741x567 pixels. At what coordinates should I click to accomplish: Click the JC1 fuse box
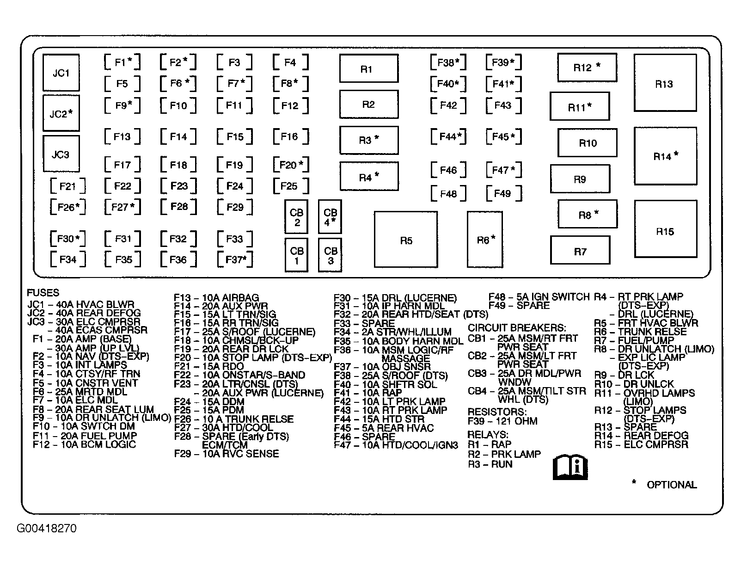coord(61,73)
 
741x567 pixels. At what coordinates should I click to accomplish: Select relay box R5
coord(406,240)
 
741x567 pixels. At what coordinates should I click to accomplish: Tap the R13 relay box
coord(665,83)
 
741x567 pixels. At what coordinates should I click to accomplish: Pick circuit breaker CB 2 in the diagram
coord(296,217)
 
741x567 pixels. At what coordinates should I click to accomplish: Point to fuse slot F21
coord(68,186)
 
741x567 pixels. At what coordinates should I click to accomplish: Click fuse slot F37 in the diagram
coord(235,259)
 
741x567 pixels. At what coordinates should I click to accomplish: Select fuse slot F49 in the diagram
coord(503,193)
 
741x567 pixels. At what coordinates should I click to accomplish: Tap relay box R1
coord(368,69)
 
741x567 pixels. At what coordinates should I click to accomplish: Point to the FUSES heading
coord(43,293)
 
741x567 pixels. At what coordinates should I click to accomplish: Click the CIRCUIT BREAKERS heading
coord(517,328)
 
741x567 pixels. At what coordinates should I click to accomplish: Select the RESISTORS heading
coord(497,412)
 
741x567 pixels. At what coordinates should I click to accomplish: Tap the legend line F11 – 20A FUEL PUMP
coord(85,436)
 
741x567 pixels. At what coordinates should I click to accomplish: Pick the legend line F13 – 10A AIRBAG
coord(216,297)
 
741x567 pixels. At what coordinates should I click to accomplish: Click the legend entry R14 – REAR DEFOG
coord(641,436)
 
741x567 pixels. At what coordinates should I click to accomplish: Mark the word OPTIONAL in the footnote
coord(671,485)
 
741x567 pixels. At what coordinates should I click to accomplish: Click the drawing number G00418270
coord(47,528)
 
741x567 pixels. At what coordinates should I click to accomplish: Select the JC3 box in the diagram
coord(61,154)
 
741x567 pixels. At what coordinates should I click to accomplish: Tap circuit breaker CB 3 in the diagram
coord(330,255)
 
